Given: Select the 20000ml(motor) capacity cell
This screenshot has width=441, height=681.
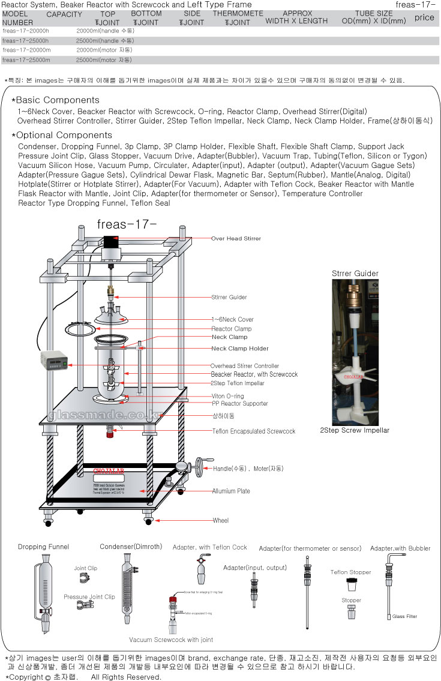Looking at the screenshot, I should pos(105,50).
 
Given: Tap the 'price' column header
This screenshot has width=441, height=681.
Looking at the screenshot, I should pos(424,17).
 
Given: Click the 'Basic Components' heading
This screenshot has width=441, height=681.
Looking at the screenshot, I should pos(58,100).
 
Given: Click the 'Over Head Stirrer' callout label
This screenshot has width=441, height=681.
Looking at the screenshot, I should pos(236,239).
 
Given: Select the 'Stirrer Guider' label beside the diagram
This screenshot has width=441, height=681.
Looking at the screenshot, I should pos(229,297).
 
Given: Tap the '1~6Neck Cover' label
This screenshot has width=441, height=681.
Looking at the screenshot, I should pos(232,320).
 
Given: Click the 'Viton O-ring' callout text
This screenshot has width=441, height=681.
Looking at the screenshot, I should pos(227,396).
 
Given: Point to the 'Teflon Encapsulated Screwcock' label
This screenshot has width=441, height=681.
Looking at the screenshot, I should pos(254,431).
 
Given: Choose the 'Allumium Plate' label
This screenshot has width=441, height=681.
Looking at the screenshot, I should pos(231,491).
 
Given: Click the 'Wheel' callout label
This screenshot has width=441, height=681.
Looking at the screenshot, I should pos(220,520).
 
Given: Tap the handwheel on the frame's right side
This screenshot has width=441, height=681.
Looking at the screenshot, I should pos(196,468).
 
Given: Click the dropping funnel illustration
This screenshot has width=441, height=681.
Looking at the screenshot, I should pos(44,591).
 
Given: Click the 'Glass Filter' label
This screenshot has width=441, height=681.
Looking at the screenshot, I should pos(405,616).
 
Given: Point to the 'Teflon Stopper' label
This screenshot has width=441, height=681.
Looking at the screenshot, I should pos(350,572).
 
